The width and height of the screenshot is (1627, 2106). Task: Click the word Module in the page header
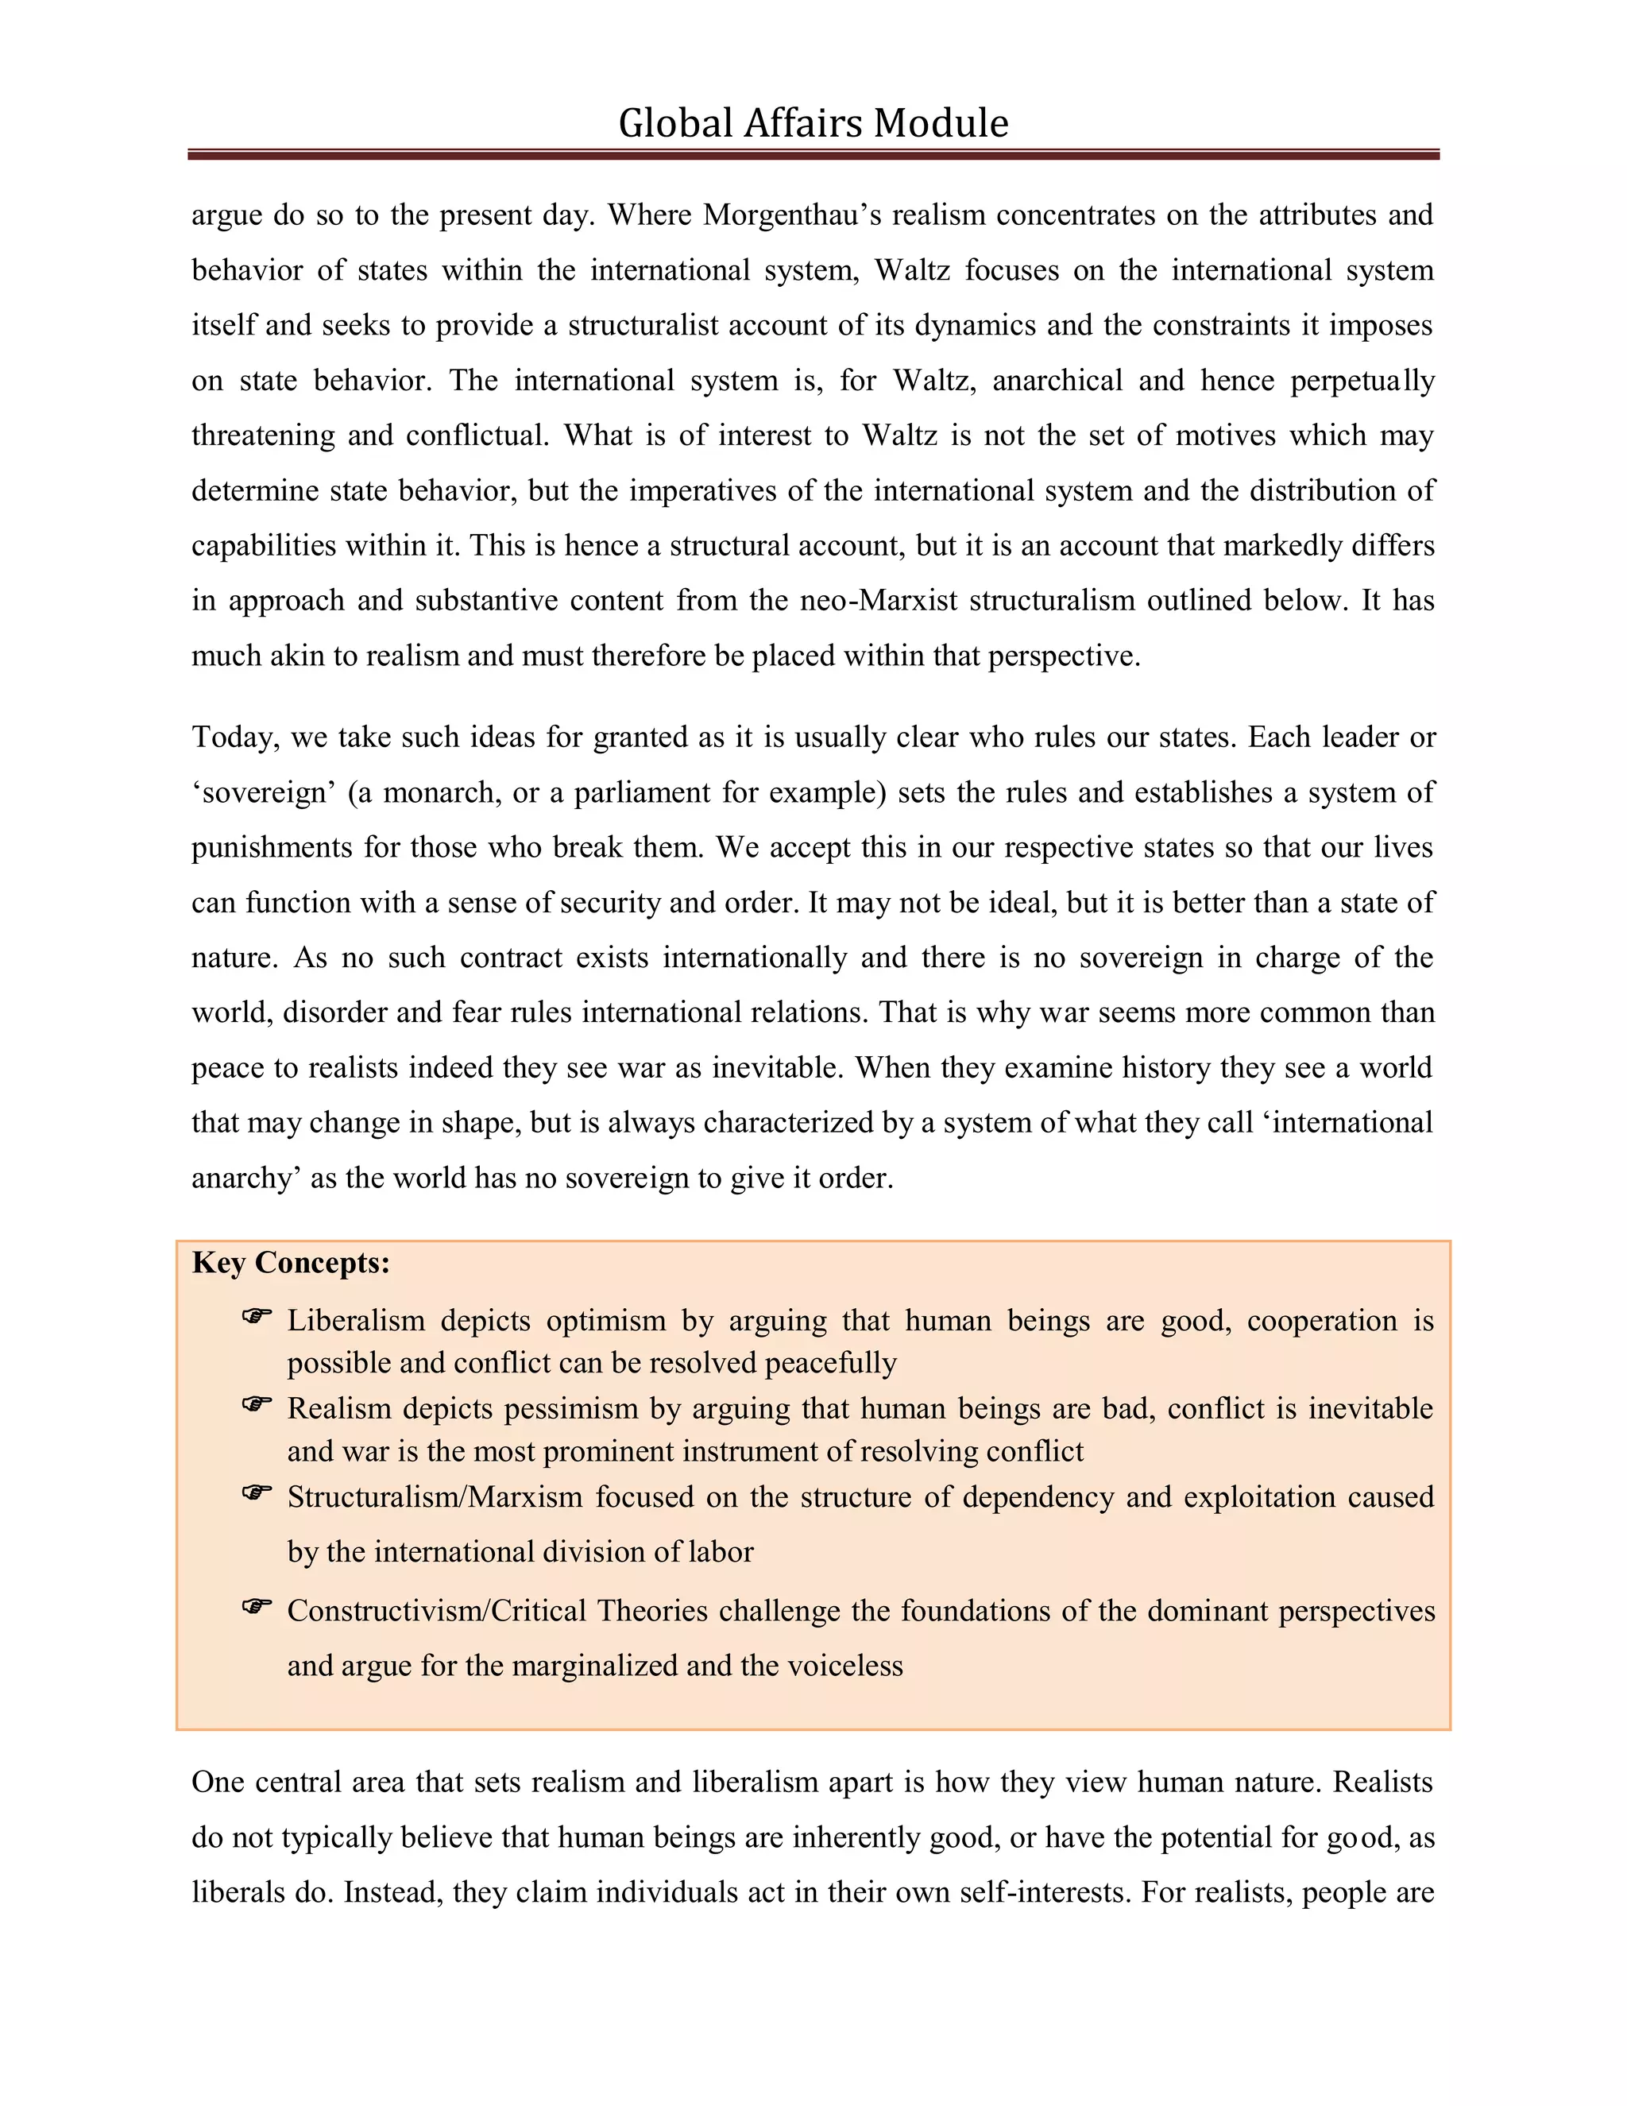940,123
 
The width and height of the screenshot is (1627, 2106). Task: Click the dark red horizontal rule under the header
813,154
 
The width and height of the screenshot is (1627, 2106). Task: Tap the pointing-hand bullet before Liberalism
257,1316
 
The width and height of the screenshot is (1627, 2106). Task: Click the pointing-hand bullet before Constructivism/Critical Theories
257,1605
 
